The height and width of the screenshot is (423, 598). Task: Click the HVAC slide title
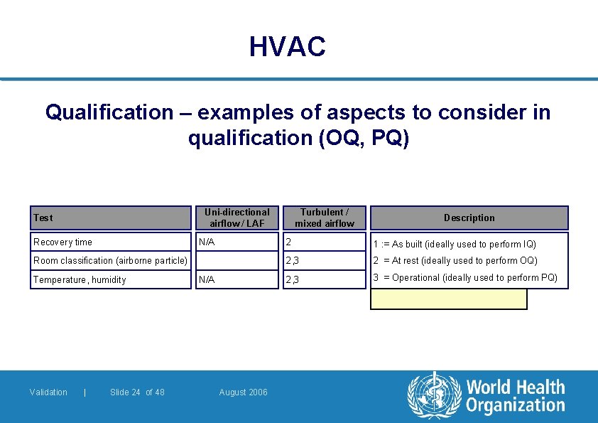[288, 48]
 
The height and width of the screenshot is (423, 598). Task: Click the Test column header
[43, 218]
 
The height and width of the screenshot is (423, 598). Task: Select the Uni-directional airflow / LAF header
[237, 218]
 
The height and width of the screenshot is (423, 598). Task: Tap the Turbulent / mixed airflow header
[324, 218]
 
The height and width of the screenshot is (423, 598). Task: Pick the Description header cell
[469, 218]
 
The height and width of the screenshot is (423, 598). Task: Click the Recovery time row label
[63, 242]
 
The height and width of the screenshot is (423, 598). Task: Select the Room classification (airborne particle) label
[110, 261]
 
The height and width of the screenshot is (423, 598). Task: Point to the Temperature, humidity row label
[80, 280]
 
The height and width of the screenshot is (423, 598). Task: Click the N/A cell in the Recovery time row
[207, 242]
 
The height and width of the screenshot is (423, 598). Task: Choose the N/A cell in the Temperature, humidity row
[207, 280]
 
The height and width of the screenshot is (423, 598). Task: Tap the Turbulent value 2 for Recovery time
[288, 242]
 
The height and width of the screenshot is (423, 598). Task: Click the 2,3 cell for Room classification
[292, 261]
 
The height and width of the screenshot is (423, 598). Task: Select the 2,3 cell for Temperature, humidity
[292, 280]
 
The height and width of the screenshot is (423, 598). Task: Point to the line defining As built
[455, 244]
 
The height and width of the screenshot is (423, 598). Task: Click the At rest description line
[455, 261]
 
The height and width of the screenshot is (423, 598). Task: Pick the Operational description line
[465, 278]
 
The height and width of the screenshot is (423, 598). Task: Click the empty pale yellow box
[449, 299]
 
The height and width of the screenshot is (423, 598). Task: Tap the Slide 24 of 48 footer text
[137, 392]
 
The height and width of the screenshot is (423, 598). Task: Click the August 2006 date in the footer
[244, 392]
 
